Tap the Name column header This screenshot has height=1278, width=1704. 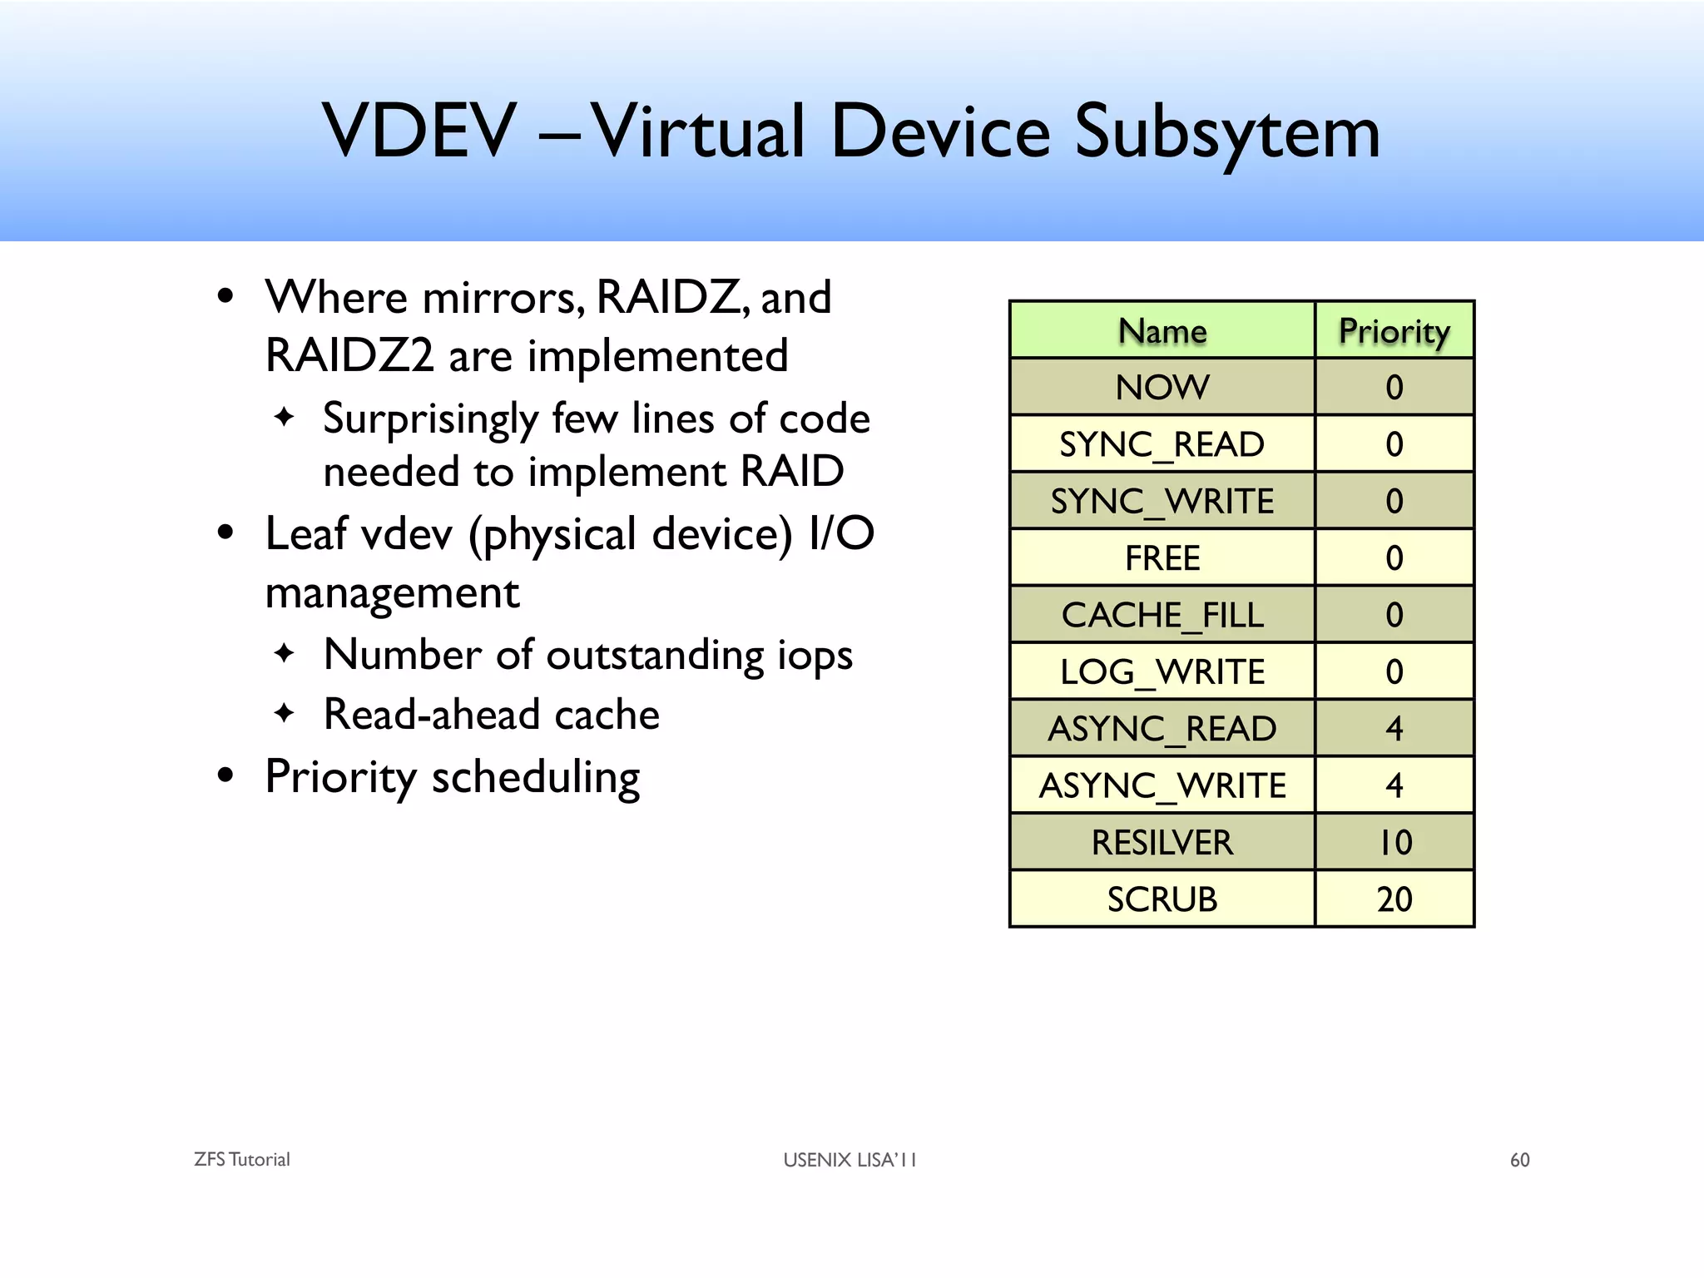[x=1162, y=331]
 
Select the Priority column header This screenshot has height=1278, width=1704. [x=1394, y=331]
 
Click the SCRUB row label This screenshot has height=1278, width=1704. [x=1162, y=899]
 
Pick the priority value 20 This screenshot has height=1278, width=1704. [x=1394, y=899]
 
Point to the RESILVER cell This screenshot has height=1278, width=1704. [x=1162, y=843]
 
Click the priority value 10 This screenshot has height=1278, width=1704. [x=1394, y=843]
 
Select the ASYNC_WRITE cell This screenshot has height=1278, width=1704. [x=1162, y=785]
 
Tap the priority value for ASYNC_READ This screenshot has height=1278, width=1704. [x=1394, y=729]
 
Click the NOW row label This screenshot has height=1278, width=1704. [x=1162, y=388]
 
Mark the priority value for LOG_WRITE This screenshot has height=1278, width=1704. [x=1394, y=672]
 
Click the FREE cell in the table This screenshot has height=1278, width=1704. [x=1162, y=558]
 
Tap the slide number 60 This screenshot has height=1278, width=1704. [x=1519, y=1160]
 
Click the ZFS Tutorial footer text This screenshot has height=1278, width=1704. [x=241, y=1160]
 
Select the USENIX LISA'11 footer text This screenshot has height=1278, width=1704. [x=849, y=1160]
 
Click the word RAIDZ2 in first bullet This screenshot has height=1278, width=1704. [x=349, y=356]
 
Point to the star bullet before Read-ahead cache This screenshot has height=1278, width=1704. [x=284, y=713]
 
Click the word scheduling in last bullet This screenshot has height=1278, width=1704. [x=535, y=778]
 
